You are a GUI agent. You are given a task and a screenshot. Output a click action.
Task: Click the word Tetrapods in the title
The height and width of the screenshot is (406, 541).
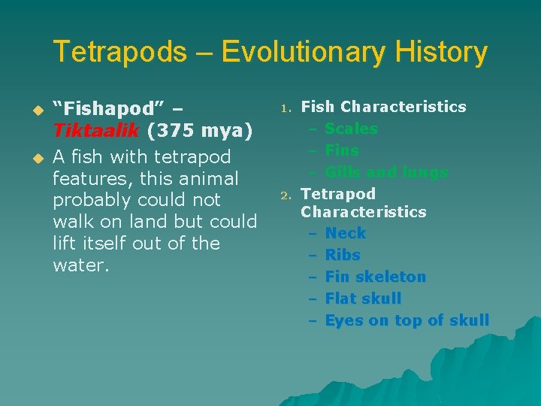119,53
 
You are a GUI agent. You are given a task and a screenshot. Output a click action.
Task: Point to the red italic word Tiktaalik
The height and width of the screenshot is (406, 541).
95,130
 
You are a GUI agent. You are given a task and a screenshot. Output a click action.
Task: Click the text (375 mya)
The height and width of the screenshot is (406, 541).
199,130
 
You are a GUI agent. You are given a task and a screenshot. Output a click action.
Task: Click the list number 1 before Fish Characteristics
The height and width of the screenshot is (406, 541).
286,109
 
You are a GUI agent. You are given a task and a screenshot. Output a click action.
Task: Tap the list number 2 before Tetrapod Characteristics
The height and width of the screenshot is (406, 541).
286,195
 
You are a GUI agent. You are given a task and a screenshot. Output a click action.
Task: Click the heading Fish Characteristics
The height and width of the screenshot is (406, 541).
383,107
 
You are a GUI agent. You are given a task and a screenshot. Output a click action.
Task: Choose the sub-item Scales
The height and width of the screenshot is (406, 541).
351,129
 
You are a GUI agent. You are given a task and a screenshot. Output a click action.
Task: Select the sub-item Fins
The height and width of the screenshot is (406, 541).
342,150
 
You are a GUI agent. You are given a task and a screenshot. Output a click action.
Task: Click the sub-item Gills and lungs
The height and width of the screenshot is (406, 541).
386,172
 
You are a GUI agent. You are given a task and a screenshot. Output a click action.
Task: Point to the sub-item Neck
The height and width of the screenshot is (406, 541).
345,233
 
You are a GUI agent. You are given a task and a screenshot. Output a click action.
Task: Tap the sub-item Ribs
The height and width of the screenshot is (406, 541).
343,255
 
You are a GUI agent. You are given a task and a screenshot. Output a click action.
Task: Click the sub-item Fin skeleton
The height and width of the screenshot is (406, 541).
375,277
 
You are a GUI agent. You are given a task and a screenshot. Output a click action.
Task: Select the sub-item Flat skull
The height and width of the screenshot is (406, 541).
363,298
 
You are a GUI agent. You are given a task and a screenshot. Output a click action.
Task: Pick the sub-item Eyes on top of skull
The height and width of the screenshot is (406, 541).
407,320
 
